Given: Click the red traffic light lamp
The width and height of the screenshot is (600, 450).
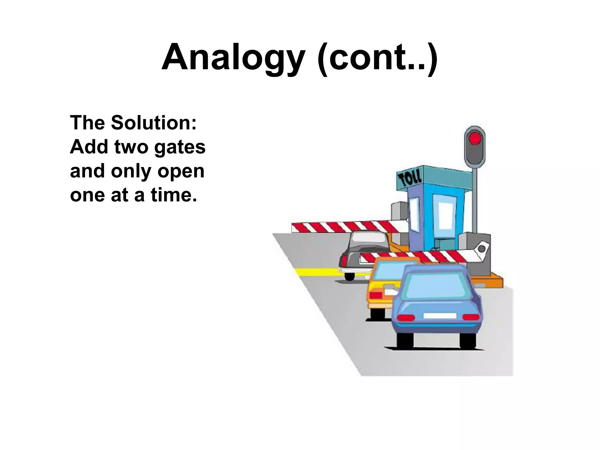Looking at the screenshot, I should coord(475,138).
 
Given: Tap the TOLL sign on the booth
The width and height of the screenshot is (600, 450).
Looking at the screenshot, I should coord(410,178).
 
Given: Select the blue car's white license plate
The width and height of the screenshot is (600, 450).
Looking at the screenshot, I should coord(440,316).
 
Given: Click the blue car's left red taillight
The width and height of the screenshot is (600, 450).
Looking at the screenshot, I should coord(405,318).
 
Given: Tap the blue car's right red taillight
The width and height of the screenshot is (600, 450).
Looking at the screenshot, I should coord(471,317).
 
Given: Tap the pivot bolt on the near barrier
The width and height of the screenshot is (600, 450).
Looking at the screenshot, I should coord(481,249).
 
